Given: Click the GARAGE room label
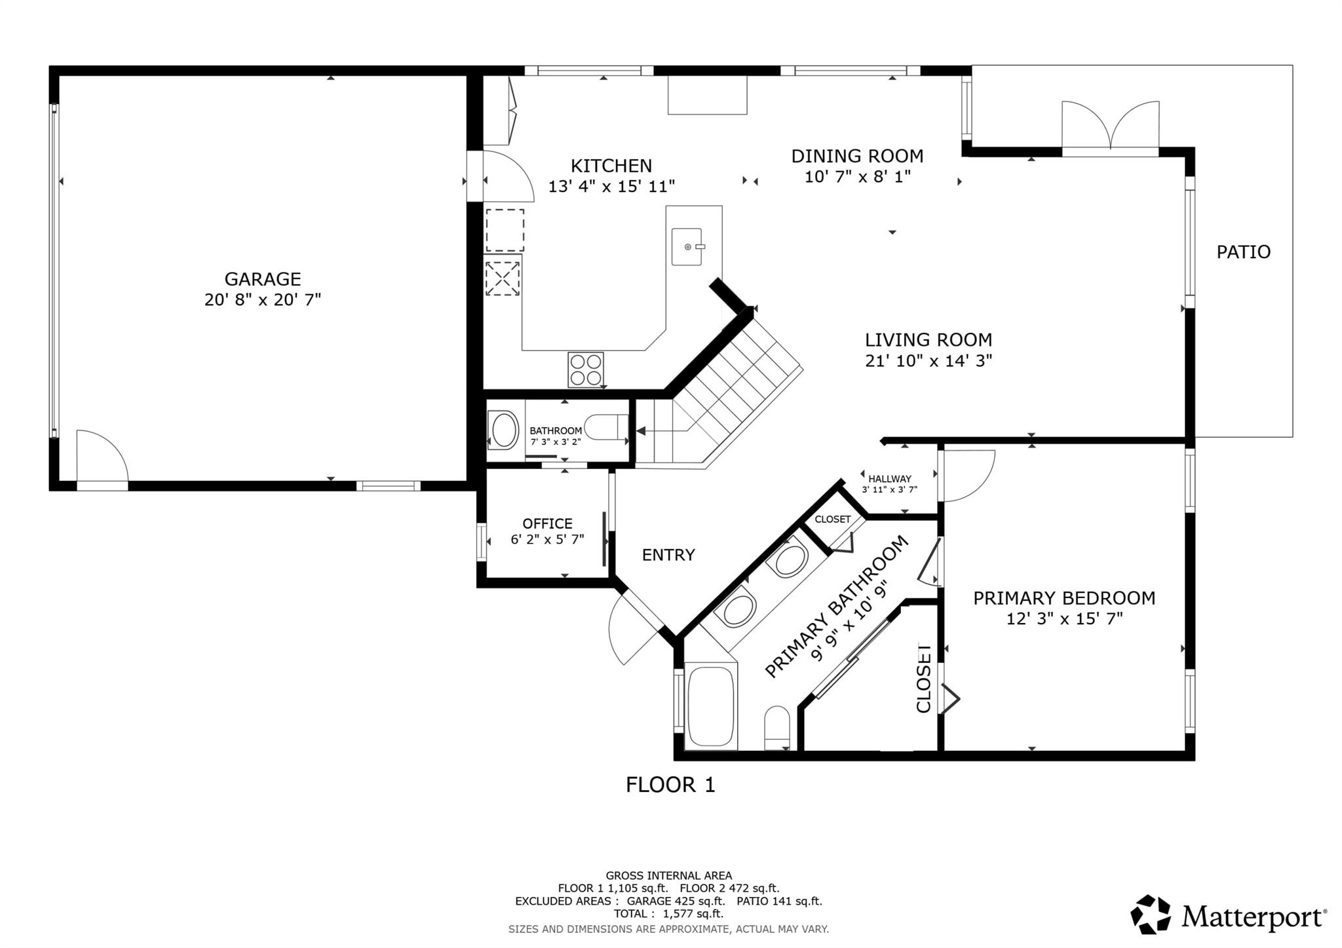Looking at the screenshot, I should tap(262, 279).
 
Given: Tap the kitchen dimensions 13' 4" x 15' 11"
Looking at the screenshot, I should tap(611, 187).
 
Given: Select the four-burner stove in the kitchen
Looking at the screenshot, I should tap(585, 370).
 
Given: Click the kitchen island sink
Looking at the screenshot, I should tap(687, 246).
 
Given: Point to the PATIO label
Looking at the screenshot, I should tap(1243, 252).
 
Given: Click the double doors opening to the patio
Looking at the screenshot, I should tap(1110, 128).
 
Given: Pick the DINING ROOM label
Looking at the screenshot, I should tap(857, 157).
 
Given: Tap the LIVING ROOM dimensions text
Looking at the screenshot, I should tap(929, 360).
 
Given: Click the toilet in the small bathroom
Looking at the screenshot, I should tap(604, 427).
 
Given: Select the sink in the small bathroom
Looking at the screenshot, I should tap(504, 430).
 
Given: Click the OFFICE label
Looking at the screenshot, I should tap(547, 523).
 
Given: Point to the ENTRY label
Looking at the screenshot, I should tap(668, 555).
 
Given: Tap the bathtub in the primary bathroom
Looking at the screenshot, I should tap(710, 706).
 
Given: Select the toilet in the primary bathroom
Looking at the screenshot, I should tap(777, 727).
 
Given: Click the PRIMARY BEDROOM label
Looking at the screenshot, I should tap(1064, 598).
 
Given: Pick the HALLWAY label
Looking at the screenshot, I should tap(889, 479).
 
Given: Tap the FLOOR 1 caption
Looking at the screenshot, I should tap(670, 785).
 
